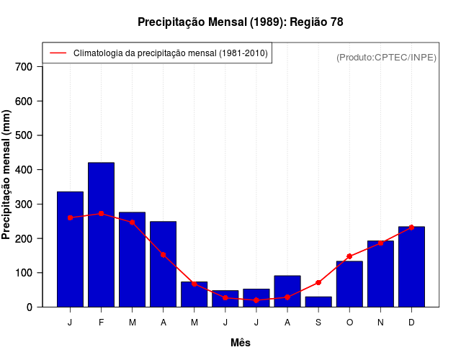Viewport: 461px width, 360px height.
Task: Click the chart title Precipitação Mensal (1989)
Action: point(240,22)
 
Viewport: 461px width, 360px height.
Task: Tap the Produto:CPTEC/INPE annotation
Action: point(386,57)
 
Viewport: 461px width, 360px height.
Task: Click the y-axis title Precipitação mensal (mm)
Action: point(6,174)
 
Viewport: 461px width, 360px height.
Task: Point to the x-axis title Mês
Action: point(241,343)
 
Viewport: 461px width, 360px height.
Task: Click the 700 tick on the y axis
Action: point(24,67)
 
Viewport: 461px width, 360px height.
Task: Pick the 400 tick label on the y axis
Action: point(24,170)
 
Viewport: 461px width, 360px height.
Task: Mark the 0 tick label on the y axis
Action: point(30,307)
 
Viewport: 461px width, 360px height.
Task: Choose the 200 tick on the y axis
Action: point(24,238)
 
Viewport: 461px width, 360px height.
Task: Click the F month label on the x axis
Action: point(101,323)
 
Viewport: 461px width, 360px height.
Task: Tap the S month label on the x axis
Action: point(318,323)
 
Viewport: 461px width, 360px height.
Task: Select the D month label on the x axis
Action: point(411,323)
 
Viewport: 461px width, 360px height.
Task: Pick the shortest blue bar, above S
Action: point(318,302)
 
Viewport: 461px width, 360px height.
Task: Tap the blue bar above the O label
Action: point(349,284)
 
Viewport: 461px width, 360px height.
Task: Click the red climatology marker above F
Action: point(101,214)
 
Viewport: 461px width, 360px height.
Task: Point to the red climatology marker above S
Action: point(318,282)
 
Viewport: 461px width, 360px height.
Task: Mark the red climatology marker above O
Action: point(349,256)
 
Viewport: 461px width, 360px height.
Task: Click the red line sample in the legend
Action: point(58,53)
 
